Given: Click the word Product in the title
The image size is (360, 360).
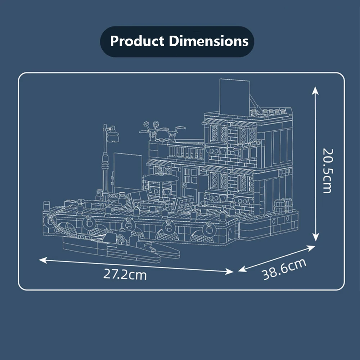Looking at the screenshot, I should point(138,41).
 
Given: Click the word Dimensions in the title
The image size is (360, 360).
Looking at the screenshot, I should point(208,41).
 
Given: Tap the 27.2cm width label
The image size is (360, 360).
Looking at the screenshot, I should point(125,274).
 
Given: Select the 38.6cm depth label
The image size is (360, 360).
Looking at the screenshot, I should point(284,269).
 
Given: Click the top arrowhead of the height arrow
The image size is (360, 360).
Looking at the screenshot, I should point(315,90).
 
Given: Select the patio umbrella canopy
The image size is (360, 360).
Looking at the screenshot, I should point(161,178).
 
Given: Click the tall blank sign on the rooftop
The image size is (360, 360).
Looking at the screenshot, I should point(235,94).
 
